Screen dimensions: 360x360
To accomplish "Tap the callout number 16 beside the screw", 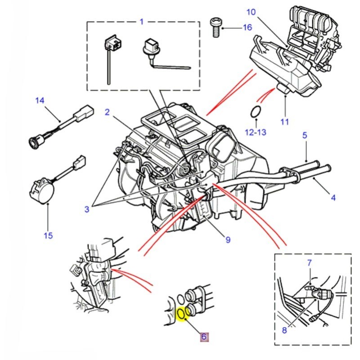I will [x=247, y=27].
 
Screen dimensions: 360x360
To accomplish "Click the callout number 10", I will [x=251, y=12].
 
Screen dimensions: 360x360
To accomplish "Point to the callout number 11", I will [x=285, y=121].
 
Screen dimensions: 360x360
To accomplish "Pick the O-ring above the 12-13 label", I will [x=255, y=111].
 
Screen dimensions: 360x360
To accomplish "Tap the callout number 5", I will [x=305, y=135].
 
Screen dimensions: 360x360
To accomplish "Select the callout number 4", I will [x=333, y=197].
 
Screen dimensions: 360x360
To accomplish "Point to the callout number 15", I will [x=48, y=235].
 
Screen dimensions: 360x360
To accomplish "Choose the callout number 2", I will [x=107, y=112].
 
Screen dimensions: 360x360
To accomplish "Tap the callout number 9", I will [x=228, y=239].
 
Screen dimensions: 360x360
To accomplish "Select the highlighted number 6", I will [x=203, y=337].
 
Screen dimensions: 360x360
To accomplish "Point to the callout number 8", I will [x=284, y=330].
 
